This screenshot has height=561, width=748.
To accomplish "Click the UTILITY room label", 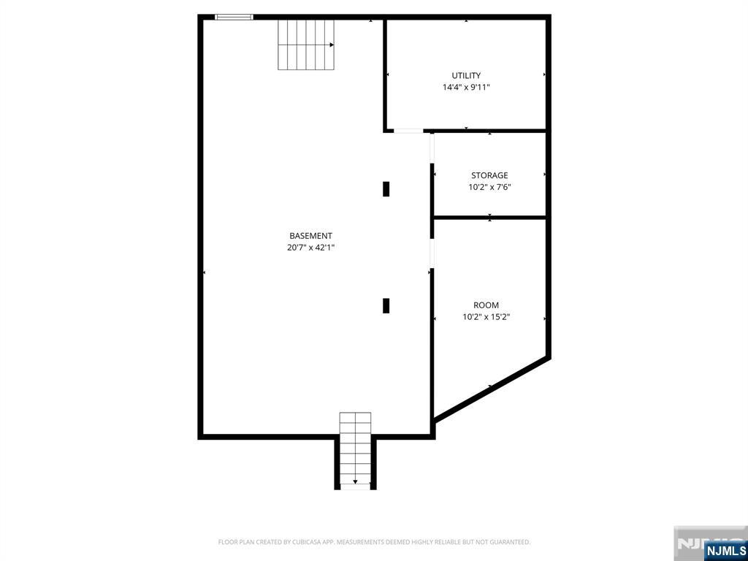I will click(x=466, y=75).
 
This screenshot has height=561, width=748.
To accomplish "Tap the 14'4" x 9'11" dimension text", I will click(x=466, y=87).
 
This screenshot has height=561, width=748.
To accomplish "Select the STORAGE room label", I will click(x=489, y=175).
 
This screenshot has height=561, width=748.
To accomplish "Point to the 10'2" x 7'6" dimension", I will click(x=489, y=187).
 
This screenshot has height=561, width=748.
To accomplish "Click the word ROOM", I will click(x=486, y=305).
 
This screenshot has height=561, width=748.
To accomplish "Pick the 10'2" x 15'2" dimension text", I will click(x=486, y=317).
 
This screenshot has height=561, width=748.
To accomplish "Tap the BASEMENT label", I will click(x=310, y=236).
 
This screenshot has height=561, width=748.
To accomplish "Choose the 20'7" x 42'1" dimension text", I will click(x=310, y=248).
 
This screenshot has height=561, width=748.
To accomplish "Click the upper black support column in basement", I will click(x=386, y=188).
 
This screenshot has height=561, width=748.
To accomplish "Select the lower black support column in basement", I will click(x=386, y=305).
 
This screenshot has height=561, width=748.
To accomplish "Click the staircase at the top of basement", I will click(x=305, y=45).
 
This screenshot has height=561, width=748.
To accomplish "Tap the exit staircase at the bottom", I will click(x=355, y=449).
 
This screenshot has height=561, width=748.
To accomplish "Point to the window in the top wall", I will click(x=234, y=17).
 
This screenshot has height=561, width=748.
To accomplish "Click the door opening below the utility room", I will click(x=408, y=131).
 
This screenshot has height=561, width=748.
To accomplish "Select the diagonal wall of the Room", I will click(x=491, y=388).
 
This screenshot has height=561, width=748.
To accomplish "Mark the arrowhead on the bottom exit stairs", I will click(x=355, y=481).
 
